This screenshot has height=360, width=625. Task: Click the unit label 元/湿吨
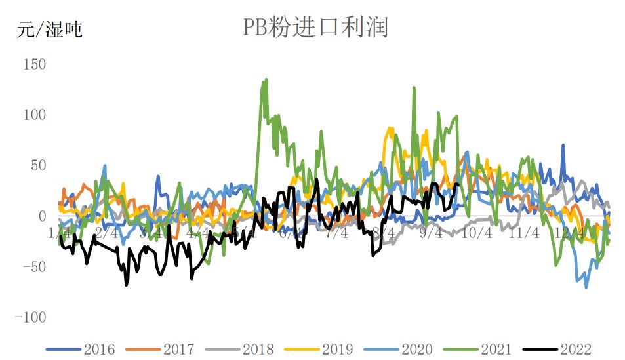click(x=50, y=30)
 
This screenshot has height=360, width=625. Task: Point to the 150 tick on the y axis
click(x=34, y=64)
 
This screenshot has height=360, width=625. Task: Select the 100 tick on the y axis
click(x=34, y=115)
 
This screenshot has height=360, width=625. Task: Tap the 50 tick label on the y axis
click(x=37, y=165)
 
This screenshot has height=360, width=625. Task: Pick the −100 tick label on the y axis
click(x=31, y=317)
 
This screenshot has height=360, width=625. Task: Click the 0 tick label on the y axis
click(x=41, y=216)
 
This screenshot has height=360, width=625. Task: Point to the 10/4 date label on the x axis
click(x=477, y=233)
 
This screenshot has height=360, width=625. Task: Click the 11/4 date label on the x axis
click(x=524, y=233)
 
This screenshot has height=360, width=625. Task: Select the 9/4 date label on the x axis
click(x=430, y=233)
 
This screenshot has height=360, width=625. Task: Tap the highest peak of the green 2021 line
click(x=266, y=80)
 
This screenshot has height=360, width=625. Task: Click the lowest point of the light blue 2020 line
click(x=586, y=287)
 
